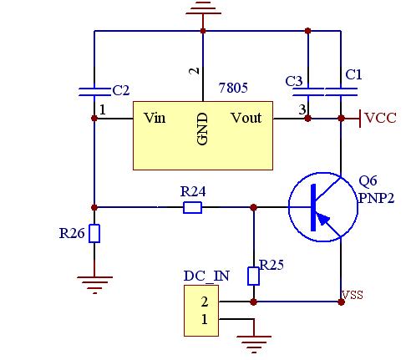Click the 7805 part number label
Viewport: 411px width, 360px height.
(x=233, y=88)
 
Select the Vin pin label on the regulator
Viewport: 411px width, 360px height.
(x=155, y=118)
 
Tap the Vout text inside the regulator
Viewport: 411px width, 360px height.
(x=246, y=118)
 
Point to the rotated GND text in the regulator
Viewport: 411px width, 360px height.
(x=202, y=129)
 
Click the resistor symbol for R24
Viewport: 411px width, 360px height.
(x=192, y=208)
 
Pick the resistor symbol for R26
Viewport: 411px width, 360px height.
(x=94, y=233)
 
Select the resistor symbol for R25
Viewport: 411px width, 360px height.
(x=253, y=276)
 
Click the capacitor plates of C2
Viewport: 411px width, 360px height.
(x=94, y=92)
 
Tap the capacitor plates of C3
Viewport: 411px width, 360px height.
(x=308, y=92)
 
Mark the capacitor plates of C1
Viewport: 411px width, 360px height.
(x=341, y=92)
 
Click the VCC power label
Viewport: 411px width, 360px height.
(x=380, y=118)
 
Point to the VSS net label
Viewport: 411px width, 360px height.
(x=353, y=295)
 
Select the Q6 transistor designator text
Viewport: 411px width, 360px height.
(x=368, y=181)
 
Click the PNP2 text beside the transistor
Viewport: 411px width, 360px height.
(x=376, y=198)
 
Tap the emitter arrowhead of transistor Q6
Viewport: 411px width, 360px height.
(x=323, y=219)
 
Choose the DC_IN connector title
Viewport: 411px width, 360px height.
(x=206, y=276)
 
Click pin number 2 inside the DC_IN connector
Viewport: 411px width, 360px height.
(x=205, y=302)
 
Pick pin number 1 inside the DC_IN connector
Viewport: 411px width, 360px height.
(x=205, y=319)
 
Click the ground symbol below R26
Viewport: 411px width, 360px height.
(x=94, y=285)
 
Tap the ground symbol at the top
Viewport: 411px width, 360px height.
(x=203, y=8)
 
